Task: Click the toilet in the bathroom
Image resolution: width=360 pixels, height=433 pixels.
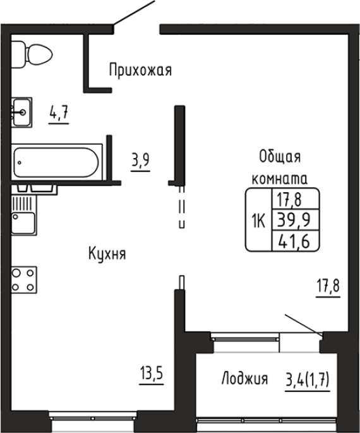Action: [32, 54]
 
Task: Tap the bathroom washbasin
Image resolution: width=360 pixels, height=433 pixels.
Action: [21, 113]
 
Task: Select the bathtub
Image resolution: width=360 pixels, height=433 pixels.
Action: [57, 162]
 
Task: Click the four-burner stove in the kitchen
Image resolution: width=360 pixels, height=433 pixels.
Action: [24, 280]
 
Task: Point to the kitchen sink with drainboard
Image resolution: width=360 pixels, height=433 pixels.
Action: [24, 215]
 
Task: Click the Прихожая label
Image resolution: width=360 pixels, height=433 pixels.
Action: [140, 70]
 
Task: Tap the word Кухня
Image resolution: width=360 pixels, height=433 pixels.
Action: [107, 253]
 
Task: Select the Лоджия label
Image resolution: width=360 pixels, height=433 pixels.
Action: [244, 378]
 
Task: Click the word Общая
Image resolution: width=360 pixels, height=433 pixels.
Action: [280, 157]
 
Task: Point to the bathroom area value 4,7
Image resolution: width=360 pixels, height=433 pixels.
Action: [59, 113]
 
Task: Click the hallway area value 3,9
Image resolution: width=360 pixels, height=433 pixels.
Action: [140, 160]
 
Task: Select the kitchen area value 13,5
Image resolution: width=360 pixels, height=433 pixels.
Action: [152, 374]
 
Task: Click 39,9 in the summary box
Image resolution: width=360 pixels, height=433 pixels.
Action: [294, 220]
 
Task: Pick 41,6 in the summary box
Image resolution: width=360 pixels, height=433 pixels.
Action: [294, 241]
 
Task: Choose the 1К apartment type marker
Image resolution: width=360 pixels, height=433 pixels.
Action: [258, 221]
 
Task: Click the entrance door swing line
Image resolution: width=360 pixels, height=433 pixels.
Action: [134, 13]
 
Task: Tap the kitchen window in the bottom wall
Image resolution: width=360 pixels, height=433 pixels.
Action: [93, 416]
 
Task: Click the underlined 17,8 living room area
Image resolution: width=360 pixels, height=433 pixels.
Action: [328, 286]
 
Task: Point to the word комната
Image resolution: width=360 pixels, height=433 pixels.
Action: [280, 179]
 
